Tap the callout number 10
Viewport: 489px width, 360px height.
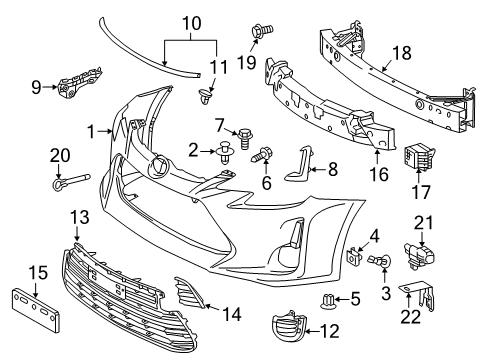(191, 19)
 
